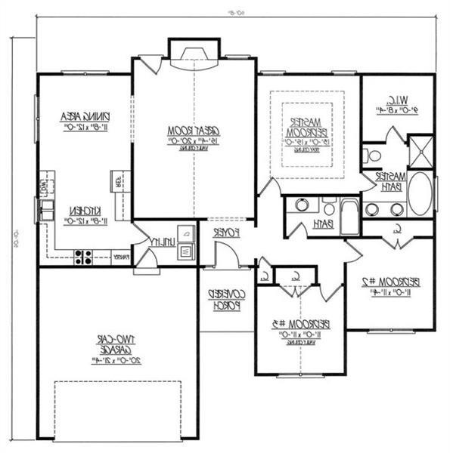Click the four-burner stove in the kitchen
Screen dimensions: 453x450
point(82,256)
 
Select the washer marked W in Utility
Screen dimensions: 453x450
point(185,251)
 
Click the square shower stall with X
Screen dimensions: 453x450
point(420,150)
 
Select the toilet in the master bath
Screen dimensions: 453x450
point(372,156)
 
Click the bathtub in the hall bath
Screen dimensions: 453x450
point(349,216)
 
